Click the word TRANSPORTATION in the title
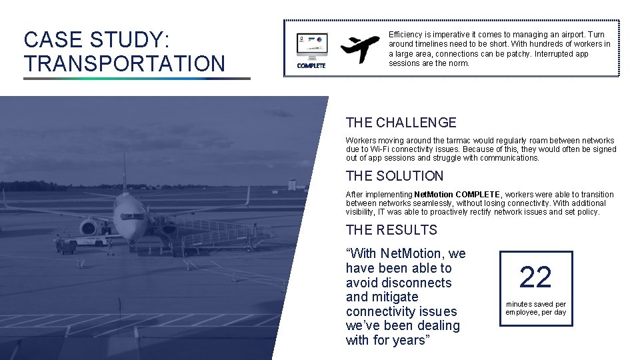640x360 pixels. click(x=124, y=64)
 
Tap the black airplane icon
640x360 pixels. click(x=360, y=47)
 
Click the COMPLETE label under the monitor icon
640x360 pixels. click(x=311, y=66)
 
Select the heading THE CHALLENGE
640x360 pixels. click(x=401, y=123)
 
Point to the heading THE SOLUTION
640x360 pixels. click(x=394, y=176)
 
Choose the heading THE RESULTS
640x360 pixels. click(x=391, y=230)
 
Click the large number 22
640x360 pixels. click(x=535, y=277)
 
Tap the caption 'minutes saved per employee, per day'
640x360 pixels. click(x=535, y=308)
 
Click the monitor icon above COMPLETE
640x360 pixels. click(x=311, y=45)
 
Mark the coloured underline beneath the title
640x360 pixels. click(x=137, y=79)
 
